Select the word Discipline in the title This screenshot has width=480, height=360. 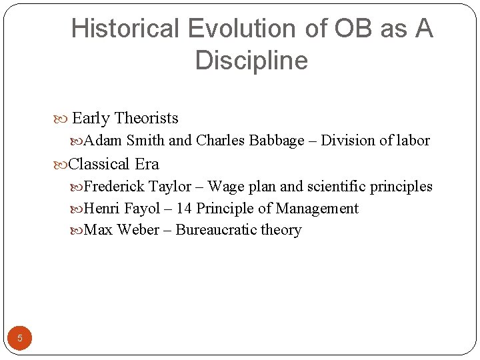251,61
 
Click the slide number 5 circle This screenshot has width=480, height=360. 20,338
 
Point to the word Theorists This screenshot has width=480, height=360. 146,119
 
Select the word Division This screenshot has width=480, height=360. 345,141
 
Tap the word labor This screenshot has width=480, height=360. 413,141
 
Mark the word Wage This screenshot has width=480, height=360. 227,187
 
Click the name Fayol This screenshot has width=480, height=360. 142,209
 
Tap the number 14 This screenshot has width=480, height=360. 185,209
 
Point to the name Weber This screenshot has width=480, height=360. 137,230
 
